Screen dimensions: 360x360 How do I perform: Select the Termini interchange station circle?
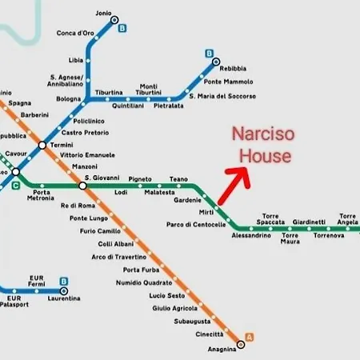(x=42, y=145)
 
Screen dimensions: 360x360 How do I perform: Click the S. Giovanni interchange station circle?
(x=82, y=186)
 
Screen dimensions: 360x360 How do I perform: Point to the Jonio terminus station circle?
(x=114, y=19)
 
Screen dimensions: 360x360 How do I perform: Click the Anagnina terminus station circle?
(x=241, y=344)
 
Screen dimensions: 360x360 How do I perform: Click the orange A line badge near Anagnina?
(x=251, y=336)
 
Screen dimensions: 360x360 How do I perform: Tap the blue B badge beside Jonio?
(x=123, y=29)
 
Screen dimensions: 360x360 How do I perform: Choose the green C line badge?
(x=16, y=187)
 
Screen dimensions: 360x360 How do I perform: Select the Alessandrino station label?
(x=253, y=236)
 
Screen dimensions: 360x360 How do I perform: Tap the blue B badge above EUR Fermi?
(x=63, y=281)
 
